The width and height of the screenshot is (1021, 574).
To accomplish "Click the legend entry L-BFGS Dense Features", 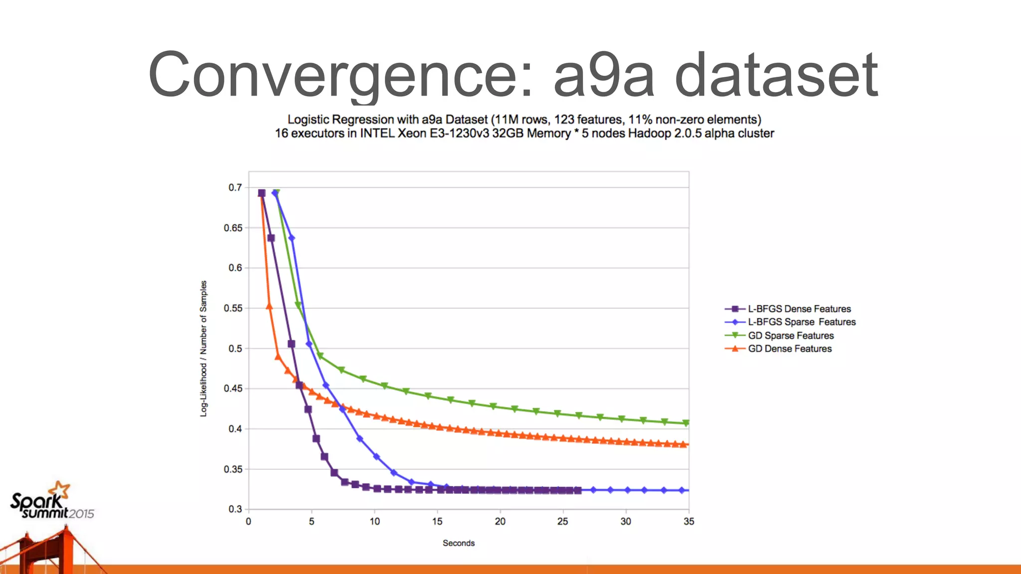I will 799,309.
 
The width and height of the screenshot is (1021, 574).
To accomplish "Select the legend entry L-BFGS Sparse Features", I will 801,322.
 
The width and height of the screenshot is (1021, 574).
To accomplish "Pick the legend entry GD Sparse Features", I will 790,336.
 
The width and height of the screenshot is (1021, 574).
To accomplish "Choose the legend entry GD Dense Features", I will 789,349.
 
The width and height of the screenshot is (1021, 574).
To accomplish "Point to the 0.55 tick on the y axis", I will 233,308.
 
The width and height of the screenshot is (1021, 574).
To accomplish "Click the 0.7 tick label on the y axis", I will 235,188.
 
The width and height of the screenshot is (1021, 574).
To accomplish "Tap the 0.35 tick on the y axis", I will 233,469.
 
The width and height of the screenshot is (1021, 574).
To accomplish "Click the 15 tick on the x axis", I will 437,522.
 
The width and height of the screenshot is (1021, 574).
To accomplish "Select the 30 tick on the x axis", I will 626,522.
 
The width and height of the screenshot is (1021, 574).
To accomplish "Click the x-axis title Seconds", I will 459,543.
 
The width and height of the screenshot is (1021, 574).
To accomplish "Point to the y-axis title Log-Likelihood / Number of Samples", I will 203,349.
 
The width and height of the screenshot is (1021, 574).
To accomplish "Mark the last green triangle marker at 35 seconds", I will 686,423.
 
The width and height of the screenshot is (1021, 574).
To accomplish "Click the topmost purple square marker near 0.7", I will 262,193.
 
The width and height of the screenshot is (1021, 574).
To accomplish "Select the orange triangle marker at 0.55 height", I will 270,306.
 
